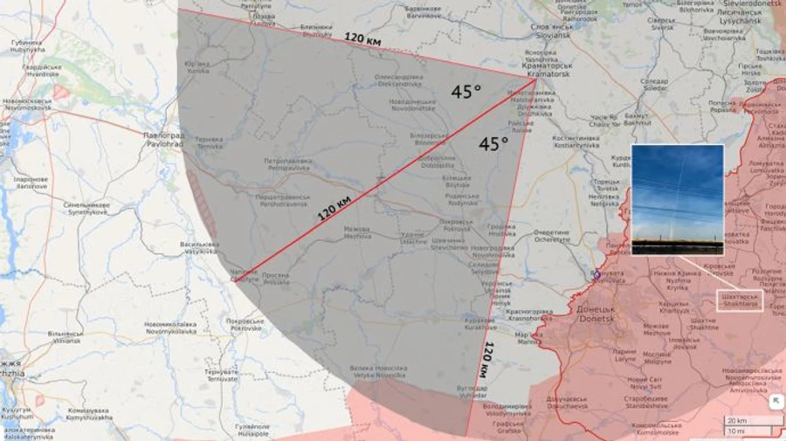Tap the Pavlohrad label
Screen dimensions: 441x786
click(x=163, y=140)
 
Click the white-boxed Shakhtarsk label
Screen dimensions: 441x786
click(x=738, y=300)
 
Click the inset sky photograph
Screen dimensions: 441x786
click(x=677, y=199)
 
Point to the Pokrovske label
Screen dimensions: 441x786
click(x=245, y=325)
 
